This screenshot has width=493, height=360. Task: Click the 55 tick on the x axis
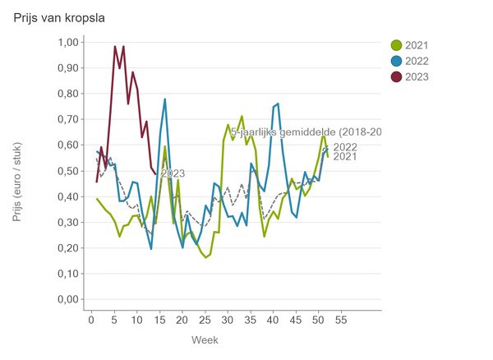click(341, 318)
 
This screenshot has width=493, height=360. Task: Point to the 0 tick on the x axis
click(91, 318)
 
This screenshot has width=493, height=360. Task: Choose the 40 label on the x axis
click(273, 318)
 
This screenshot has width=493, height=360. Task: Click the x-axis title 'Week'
click(205, 339)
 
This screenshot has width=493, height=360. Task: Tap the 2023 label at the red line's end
click(172, 173)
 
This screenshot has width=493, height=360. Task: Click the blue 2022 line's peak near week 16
click(164, 99)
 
